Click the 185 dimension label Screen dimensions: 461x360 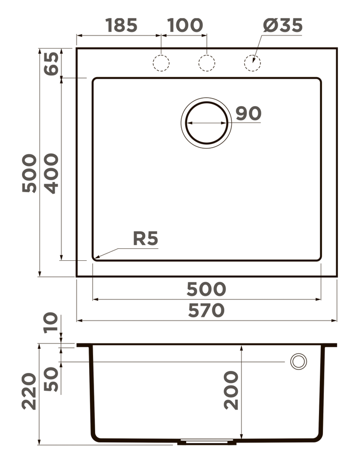point(121,26)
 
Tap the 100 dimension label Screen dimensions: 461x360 point(185,26)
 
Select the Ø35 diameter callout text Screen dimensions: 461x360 point(283,26)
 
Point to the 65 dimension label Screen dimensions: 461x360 point(51,63)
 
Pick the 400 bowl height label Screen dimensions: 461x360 point(51,173)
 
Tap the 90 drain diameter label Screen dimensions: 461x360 point(248,114)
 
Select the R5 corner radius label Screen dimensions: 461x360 point(145,239)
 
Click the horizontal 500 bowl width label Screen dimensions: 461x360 point(206,289)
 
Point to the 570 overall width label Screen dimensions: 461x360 point(206,311)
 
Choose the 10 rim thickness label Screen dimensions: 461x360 point(51,324)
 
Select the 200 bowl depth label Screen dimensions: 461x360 point(231,390)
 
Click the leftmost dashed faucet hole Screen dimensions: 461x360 point(161,63)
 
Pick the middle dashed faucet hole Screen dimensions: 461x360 point(207,63)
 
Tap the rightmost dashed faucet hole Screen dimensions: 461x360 point(252,63)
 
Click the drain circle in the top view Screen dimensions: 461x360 point(206,123)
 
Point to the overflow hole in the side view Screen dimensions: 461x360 point(298,361)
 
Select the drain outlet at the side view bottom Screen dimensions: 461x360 point(207,442)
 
